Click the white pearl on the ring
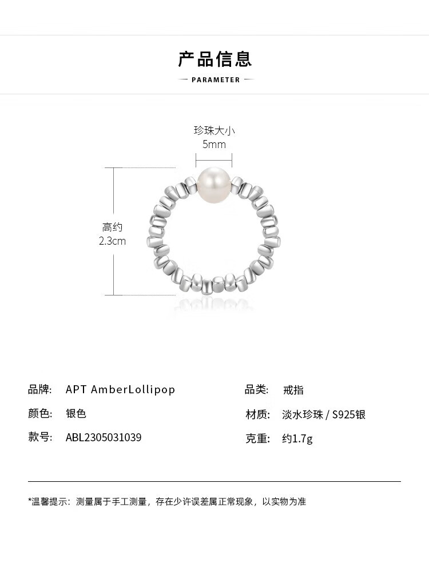click(213, 183)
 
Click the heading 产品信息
click(214, 59)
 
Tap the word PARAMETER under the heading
click(216, 80)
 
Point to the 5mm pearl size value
click(214, 144)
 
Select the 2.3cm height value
click(112, 241)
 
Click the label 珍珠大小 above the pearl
click(214, 130)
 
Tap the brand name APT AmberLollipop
click(120, 389)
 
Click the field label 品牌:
click(40, 389)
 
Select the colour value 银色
click(76, 413)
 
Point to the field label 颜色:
click(40, 413)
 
